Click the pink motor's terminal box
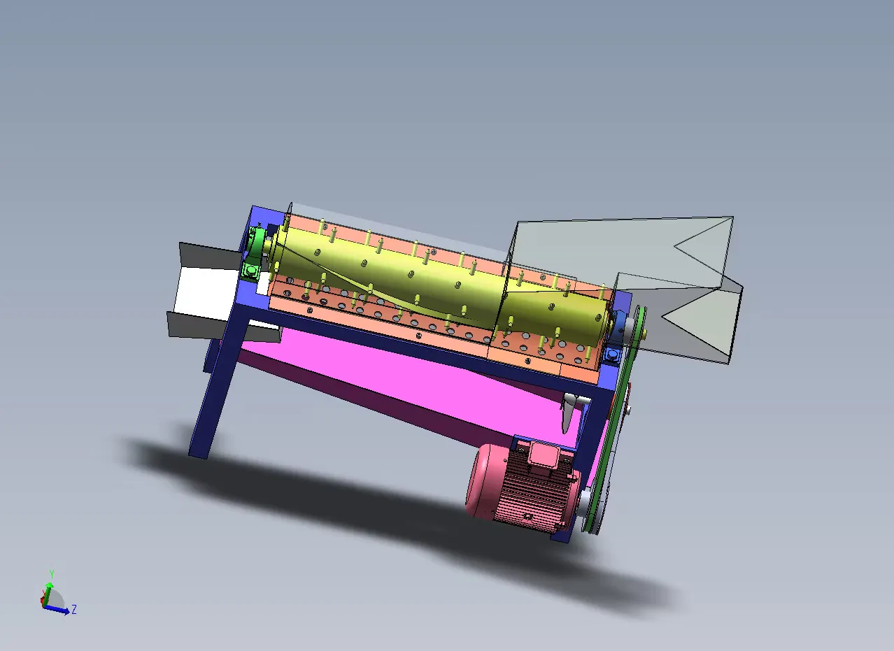544,455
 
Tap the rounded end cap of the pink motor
481,480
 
